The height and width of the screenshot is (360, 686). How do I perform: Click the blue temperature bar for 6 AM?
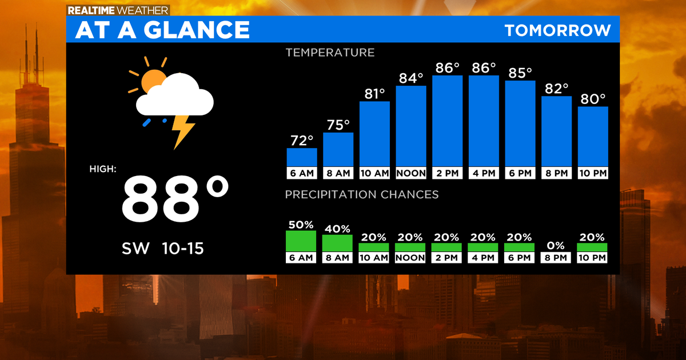click(x=302, y=157)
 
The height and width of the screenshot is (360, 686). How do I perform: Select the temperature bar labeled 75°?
click(x=338, y=149)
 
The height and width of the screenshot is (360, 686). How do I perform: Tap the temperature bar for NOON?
click(x=411, y=126)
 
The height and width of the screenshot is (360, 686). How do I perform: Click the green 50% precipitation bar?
click(x=301, y=241)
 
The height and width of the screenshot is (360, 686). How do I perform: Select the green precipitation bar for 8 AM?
click(x=337, y=243)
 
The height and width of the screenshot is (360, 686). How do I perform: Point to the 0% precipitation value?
click(x=556, y=246)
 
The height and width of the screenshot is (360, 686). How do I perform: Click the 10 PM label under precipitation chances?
click(x=592, y=258)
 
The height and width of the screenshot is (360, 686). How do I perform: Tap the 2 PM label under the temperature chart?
click(x=448, y=173)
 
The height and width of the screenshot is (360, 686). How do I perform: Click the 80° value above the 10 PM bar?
click(x=593, y=99)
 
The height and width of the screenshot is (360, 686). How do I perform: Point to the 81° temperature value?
click(x=374, y=94)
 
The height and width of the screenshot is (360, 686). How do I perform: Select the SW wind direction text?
click(x=135, y=249)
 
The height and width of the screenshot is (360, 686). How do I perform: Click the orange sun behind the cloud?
click(x=151, y=80)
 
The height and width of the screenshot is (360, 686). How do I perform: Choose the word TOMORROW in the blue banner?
click(x=557, y=30)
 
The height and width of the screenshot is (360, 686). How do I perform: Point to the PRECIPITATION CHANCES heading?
click(x=362, y=195)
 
